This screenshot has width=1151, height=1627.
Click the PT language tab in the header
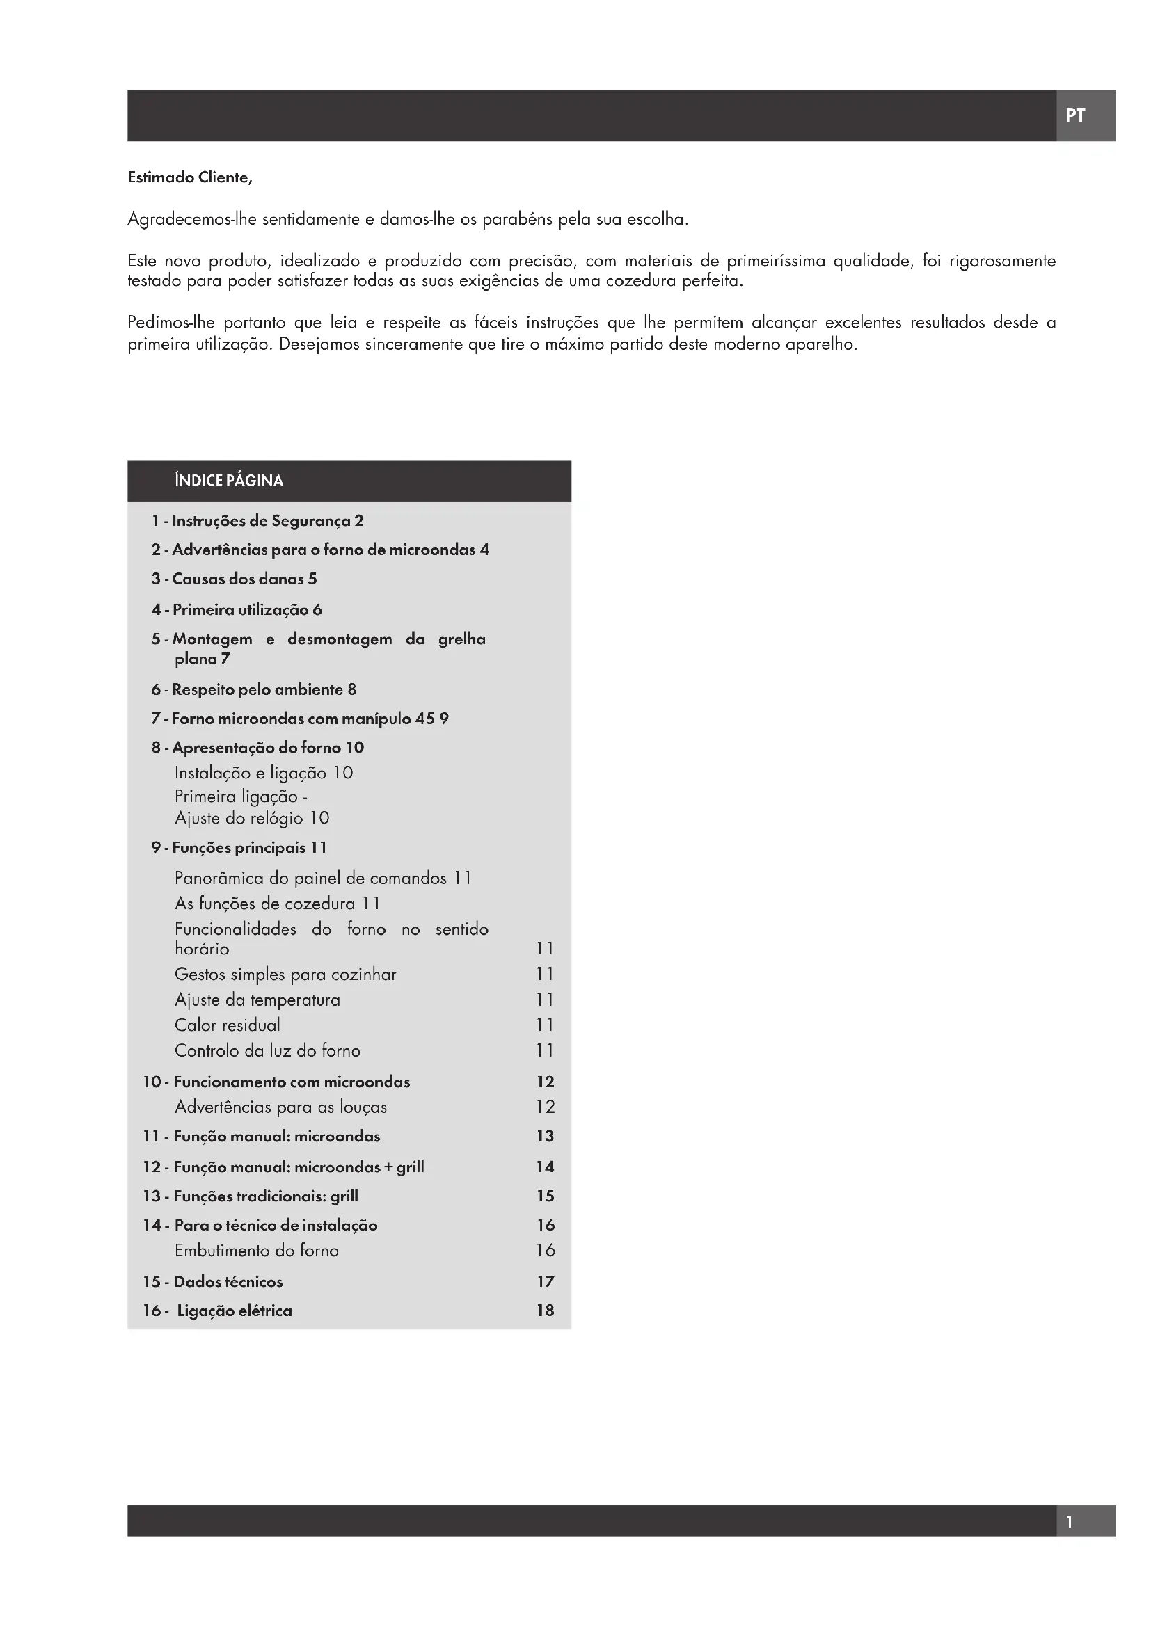tap(1074, 115)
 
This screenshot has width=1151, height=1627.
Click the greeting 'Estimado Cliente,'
tap(190, 178)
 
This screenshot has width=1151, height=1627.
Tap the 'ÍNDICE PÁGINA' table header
tap(229, 481)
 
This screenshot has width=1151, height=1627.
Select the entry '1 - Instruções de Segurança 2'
tap(257, 522)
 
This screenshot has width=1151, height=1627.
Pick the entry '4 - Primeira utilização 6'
tap(237, 610)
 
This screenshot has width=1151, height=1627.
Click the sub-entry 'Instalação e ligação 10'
tap(264, 773)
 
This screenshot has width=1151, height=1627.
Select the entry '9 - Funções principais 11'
tap(239, 847)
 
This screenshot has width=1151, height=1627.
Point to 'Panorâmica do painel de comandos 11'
tap(323, 879)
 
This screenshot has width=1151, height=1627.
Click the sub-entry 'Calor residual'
tap(228, 1025)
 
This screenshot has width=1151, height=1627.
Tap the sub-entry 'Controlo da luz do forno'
tap(268, 1051)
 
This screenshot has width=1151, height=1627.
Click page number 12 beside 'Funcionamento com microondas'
tap(545, 1082)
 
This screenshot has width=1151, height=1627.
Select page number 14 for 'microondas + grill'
tap(545, 1167)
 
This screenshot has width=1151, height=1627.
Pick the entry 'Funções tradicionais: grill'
tap(266, 1196)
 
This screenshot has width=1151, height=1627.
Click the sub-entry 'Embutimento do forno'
tap(257, 1251)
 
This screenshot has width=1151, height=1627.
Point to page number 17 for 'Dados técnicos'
tap(545, 1282)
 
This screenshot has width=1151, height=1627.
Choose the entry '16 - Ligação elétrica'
tap(218, 1311)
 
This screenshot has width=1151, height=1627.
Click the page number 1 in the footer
tap(1070, 1521)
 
